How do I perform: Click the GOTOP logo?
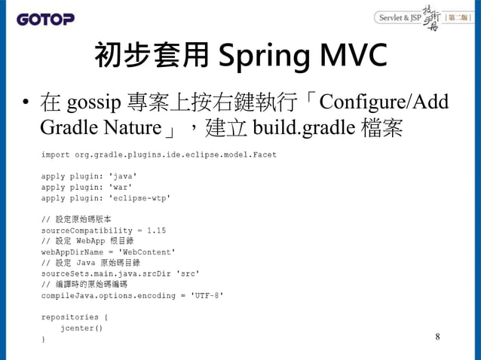[47, 18]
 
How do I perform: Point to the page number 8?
[438, 336]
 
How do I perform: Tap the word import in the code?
[56, 154]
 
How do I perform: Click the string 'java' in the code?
[124, 175]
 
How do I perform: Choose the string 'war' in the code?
[121, 186]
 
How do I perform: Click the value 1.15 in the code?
[157, 230]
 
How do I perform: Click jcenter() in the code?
[83, 328]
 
